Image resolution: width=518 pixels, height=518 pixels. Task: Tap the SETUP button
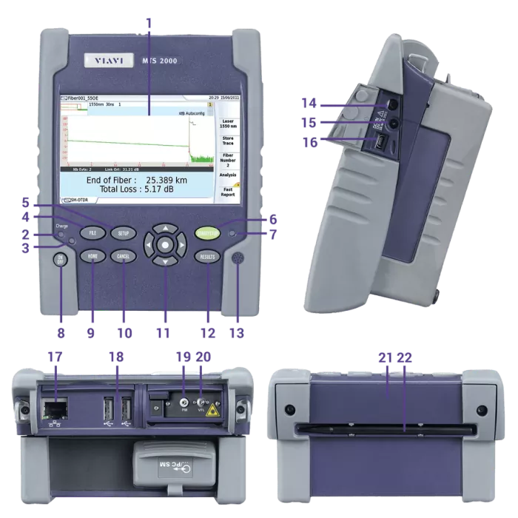pos(124,233)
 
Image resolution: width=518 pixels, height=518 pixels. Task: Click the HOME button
pos(92,257)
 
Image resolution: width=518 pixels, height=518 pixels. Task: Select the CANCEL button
pos(124,257)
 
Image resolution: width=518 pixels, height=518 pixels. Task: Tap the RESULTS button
pos(208,257)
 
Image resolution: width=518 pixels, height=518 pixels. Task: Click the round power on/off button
pos(61,259)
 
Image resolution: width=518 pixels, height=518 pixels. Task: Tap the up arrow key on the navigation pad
pos(166,227)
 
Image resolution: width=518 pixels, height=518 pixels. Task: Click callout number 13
pos(236,333)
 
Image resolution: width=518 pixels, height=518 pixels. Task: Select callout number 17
pos(55,357)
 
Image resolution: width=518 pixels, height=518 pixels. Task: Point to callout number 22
pos(404,357)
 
